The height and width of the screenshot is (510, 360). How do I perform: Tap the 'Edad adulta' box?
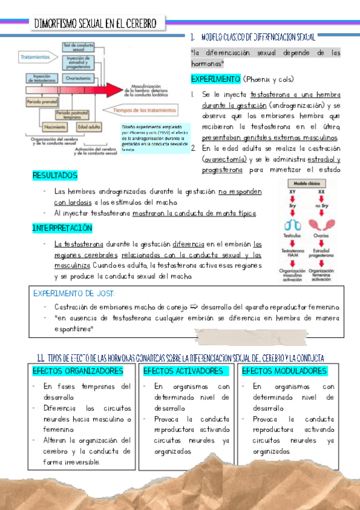pos(89,127)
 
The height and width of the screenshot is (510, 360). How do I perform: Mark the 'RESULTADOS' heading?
pos(55,175)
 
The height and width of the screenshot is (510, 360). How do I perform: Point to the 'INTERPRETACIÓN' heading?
pos(62,228)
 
